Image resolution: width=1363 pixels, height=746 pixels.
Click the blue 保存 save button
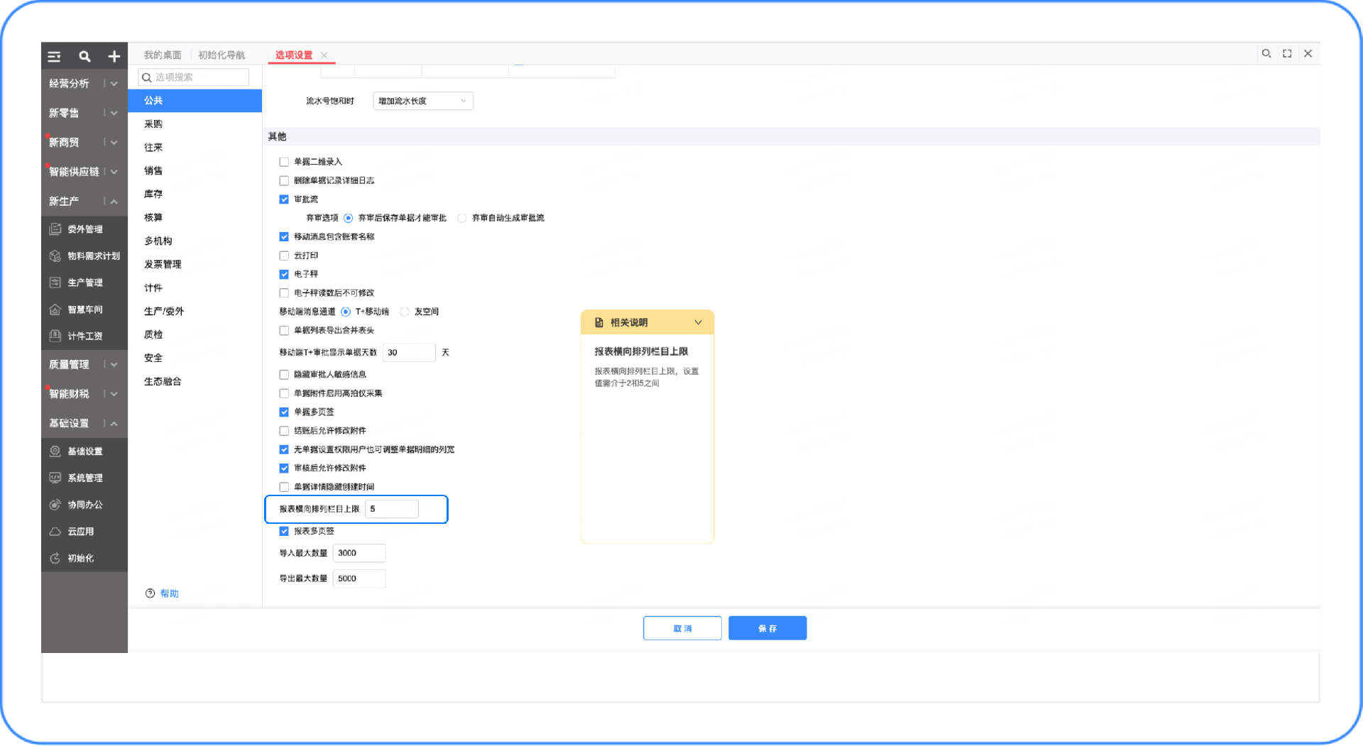(767, 628)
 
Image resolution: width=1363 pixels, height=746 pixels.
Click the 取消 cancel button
(682, 628)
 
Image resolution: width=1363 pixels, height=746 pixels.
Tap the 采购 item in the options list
(153, 124)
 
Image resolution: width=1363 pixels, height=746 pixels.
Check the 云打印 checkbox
(284, 256)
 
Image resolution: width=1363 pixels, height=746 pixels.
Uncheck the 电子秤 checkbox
(284, 274)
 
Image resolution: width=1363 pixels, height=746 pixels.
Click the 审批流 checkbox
(284, 199)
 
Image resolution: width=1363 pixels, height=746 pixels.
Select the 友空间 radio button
(405, 312)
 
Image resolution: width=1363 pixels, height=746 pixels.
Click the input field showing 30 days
(409, 353)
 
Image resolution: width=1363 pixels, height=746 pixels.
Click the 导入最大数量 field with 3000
(359, 553)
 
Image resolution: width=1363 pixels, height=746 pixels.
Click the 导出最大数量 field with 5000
(359, 578)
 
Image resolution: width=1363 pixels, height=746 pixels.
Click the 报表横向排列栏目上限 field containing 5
(392, 509)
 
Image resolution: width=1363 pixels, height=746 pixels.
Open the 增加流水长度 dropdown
(422, 101)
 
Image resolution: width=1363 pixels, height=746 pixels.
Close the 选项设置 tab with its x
(324, 55)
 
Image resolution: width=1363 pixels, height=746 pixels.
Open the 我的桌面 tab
(163, 55)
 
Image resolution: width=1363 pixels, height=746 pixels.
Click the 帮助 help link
(169, 593)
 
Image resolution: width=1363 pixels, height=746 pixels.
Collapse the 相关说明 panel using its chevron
(698, 322)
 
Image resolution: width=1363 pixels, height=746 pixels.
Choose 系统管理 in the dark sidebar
(84, 478)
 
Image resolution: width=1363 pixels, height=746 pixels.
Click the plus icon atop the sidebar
(114, 56)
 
